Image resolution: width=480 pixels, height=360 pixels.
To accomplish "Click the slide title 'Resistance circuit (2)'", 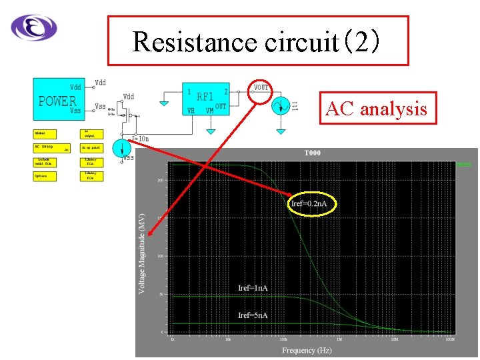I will tap(257, 41).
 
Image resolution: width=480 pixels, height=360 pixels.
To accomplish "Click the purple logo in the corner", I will tap(34, 27).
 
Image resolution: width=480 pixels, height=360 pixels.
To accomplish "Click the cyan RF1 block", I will tap(207, 99).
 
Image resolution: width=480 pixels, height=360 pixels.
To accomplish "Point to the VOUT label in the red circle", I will tap(261, 88).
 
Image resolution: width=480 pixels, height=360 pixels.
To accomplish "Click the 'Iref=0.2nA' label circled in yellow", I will tap(312, 203).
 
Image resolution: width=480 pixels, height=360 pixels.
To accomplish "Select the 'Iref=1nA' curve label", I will tap(253, 288).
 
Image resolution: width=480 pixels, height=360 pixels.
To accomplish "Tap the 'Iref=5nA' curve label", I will tap(253, 315).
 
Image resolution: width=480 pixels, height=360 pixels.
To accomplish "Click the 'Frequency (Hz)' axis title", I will tap(307, 351).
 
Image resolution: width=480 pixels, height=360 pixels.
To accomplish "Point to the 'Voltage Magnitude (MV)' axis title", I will tap(141, 253).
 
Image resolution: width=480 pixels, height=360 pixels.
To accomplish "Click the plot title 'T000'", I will tap(312, 153).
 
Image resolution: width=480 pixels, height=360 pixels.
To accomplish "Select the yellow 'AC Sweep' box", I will tap(52, 147).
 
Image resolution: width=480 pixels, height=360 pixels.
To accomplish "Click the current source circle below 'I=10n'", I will tap(121, 148).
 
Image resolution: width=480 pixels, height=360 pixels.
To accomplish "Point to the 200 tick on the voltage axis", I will tap(161, 180).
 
